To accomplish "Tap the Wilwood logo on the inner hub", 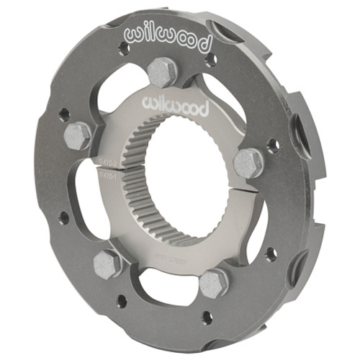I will coord(176,107).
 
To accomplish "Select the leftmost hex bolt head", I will coord(77,135).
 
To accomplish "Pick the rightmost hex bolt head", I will coord(248,163).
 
